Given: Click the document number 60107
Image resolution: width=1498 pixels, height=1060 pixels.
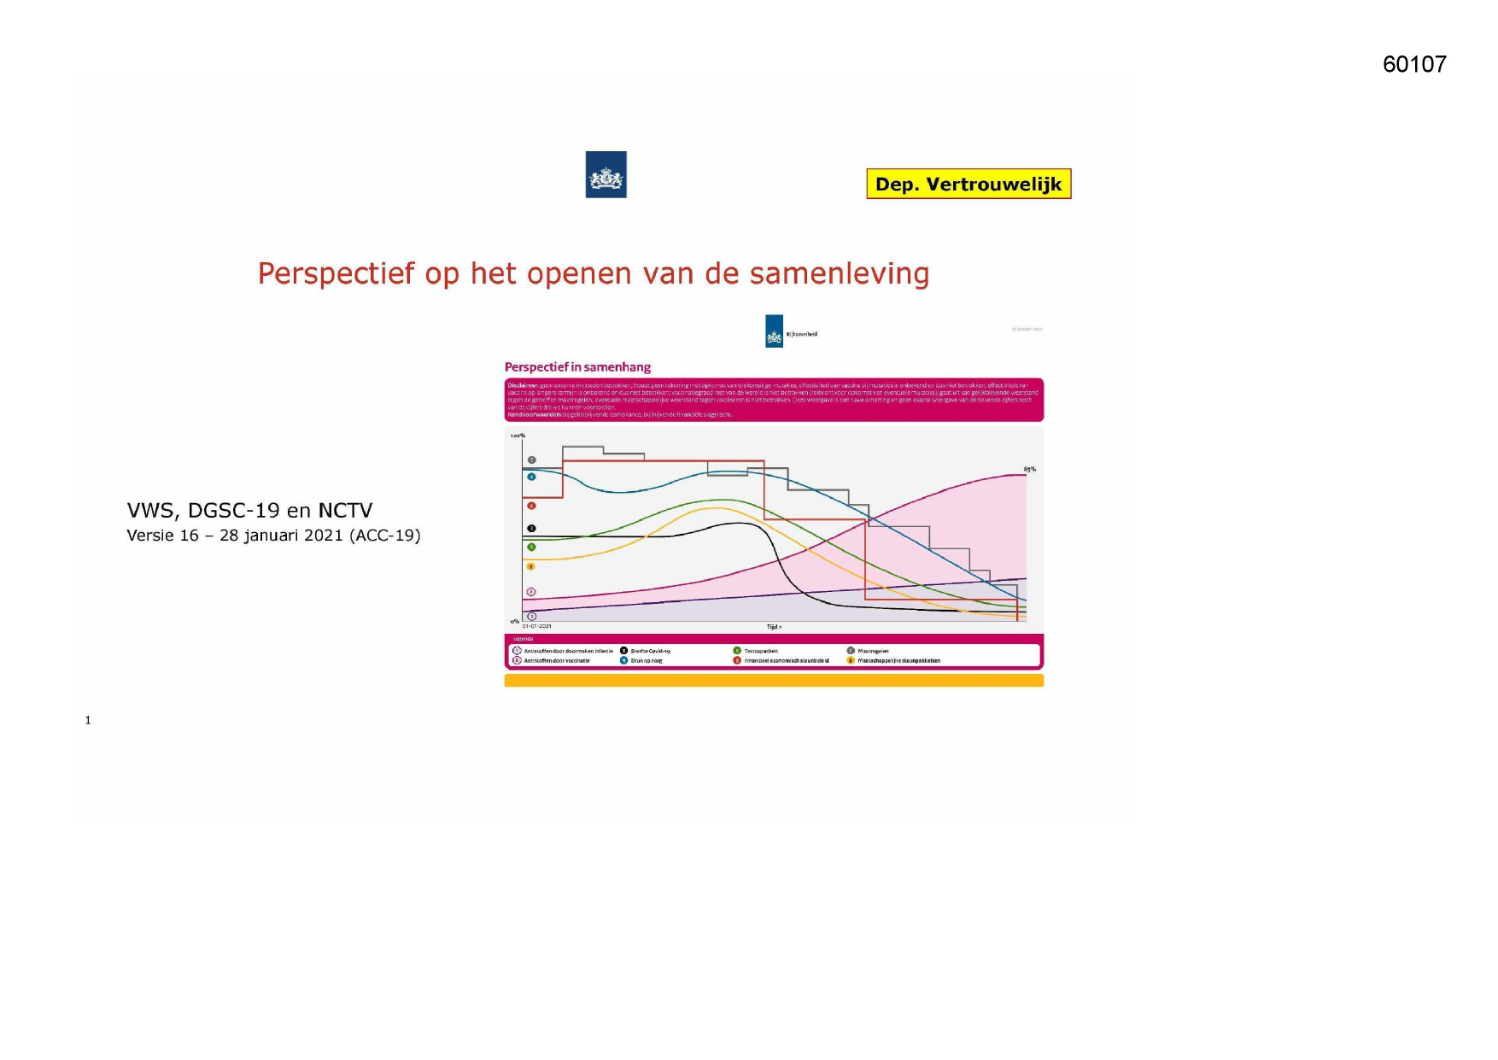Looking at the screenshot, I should [x=1414, y=65].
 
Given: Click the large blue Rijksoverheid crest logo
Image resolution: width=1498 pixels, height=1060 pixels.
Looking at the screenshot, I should [x=606, y=175].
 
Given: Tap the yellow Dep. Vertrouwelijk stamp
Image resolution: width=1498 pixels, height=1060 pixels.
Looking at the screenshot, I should [x=968, y=184].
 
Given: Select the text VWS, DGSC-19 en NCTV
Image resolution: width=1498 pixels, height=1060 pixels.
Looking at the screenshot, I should [x=249, y=511].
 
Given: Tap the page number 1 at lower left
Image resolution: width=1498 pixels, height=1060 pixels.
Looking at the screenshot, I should [x=88, y=720].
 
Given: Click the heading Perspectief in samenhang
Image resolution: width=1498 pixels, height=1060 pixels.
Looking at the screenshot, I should [x=577, y=367].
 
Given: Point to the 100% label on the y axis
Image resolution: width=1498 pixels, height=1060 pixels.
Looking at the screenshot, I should [x=518, y=436].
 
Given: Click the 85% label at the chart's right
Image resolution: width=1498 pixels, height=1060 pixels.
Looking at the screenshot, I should [x=1029, y=469].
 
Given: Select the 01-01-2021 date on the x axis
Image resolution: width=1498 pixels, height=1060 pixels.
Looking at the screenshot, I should [x=537, y=626].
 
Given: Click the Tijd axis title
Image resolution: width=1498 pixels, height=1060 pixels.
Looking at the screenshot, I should [x=774, y=627].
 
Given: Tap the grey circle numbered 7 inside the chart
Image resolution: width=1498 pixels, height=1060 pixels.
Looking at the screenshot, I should [x=531, y=460].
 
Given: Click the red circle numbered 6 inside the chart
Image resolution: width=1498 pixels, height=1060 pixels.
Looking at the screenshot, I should [x=531, y=506].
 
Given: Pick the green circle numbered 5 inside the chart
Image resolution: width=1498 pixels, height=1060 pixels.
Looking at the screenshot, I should [x=531, y=547].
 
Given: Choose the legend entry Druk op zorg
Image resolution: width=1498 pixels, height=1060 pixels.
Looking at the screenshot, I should [x=646, y=660].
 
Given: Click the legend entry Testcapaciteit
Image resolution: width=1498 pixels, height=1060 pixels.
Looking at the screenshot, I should [x=760, y=651].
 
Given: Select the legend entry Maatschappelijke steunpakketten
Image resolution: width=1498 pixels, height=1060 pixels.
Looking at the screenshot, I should [x=898, y=660].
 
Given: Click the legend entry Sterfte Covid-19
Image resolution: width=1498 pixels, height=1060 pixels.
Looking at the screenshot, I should [x=650, y=651].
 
